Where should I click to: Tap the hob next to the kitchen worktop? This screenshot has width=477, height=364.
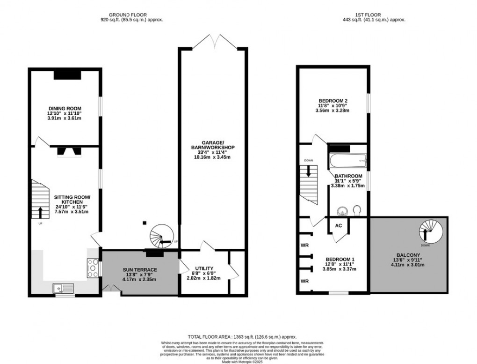91,268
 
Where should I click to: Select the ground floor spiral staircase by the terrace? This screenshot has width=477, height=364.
161,236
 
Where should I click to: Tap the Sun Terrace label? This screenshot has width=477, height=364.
140,270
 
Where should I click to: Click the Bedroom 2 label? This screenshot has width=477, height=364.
333,101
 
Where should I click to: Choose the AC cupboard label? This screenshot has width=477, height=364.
339,225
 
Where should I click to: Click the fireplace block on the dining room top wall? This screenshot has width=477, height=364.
67,75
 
